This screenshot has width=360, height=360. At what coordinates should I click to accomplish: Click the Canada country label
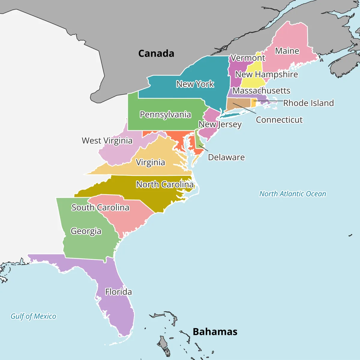156,53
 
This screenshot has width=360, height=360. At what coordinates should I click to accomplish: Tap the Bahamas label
215,332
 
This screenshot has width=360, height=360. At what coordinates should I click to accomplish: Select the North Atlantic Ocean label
292,194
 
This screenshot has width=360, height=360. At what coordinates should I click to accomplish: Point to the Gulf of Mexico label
33,316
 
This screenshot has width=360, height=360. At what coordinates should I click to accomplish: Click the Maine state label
287,51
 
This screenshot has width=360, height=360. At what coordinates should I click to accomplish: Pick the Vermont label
248,58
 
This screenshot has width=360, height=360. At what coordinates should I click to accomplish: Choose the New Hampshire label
266,74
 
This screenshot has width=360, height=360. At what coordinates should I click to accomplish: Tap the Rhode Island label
308,103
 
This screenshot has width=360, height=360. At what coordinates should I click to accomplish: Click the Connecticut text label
279,120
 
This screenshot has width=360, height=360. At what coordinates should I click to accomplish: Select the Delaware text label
226,157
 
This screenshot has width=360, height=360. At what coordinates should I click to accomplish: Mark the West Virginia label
107,140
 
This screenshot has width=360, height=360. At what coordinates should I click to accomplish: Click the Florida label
118,292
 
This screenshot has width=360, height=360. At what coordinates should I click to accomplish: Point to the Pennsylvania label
165,115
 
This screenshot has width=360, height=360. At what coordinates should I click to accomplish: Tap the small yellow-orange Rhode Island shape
254,103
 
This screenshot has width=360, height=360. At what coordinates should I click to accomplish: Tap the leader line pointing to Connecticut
244,109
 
